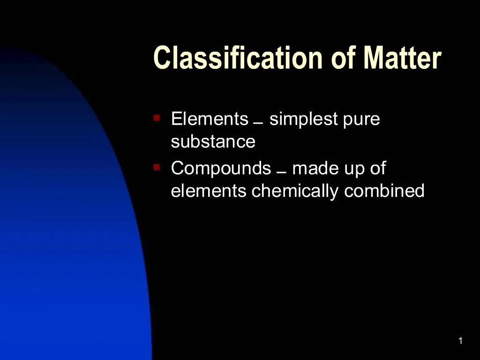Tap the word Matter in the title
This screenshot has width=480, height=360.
(402, 58)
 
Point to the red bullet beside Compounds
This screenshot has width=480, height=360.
(157, 166)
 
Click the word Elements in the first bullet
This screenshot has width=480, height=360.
(210, 119)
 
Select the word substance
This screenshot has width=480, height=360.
(213, 142)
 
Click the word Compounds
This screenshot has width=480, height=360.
(221, 168)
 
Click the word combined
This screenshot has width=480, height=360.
(384, 191)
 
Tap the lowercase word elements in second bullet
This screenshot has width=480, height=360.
(209, 191)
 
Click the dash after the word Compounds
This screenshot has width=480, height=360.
(281, 172)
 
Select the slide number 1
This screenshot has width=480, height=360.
(460, 341)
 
